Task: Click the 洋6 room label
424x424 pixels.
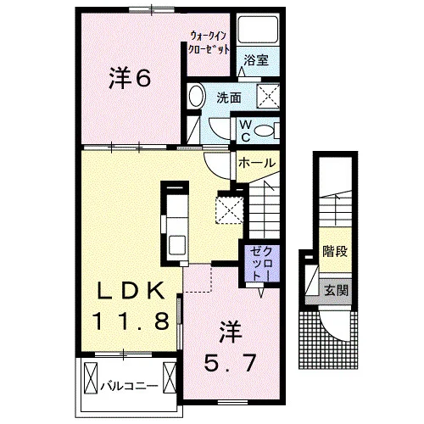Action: pos(130,78)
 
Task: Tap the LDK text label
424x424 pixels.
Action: pos(131,291)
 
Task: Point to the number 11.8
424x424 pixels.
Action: pos(131,321)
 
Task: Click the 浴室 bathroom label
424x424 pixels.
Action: pos(256,60)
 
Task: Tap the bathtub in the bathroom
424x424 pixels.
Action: pos(257,29)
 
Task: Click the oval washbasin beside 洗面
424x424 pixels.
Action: pos(195,96)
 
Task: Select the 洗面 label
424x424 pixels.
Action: pos(229,98)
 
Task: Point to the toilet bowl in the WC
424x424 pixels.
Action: pos(264,131)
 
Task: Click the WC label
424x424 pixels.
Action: pos(246,131)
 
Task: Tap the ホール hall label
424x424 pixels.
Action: pos(257,163)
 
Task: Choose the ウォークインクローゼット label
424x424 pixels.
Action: pos(209,43)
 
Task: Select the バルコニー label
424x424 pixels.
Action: pos(129,386)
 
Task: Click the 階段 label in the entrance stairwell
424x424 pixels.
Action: pos(335,251)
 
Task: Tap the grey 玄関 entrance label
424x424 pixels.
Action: pos(336,290)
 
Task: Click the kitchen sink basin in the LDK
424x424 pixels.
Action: pos(177,245)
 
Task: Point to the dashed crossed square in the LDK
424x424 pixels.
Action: pos(230,210)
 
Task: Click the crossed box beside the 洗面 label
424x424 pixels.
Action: pos(268,96)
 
